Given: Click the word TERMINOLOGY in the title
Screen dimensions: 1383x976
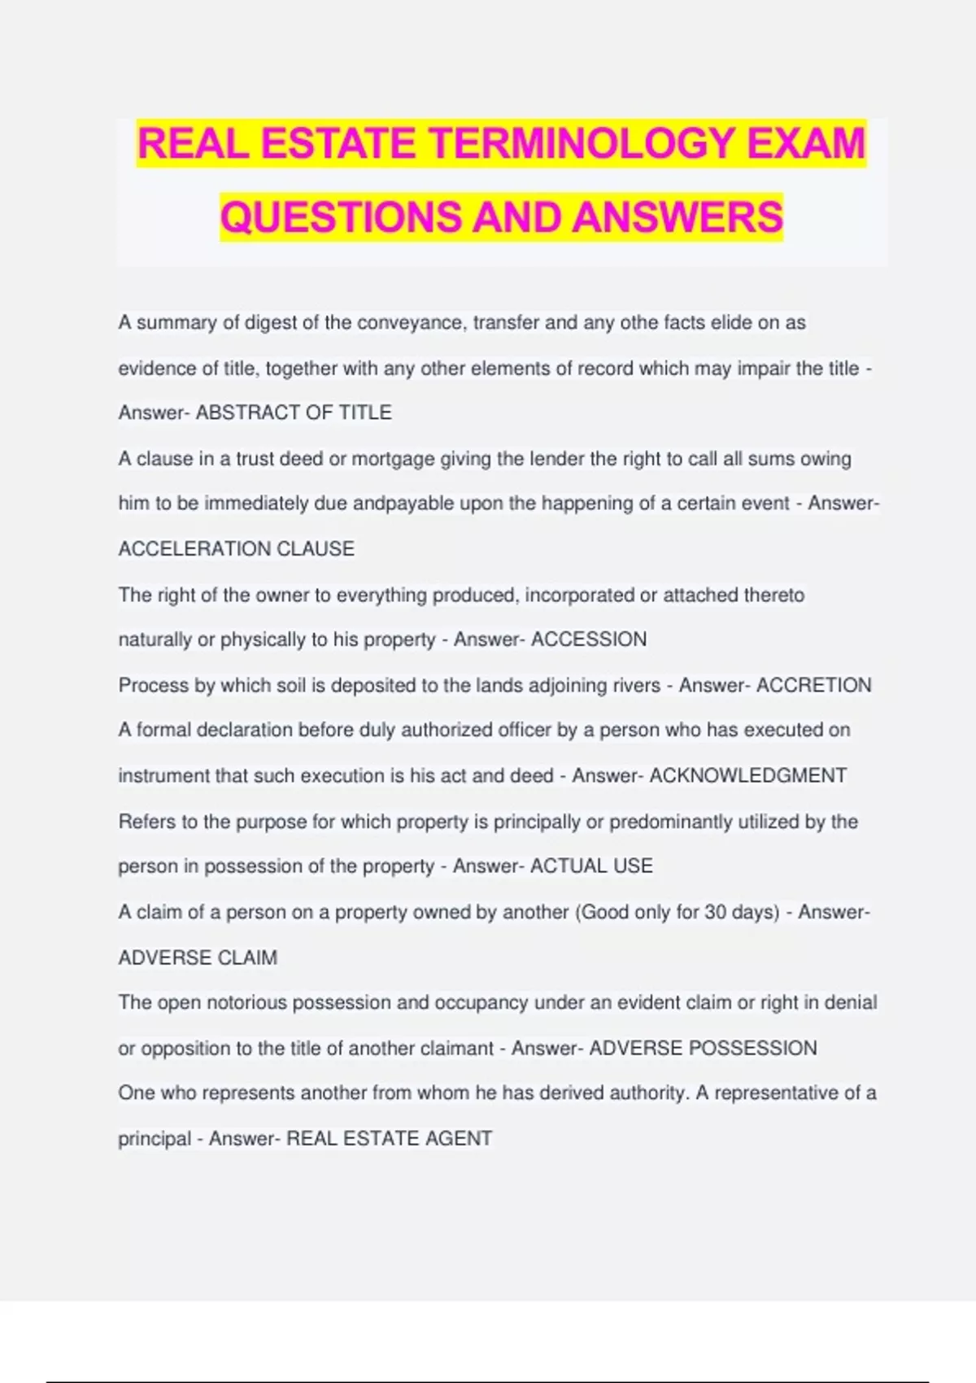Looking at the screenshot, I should (583, 143).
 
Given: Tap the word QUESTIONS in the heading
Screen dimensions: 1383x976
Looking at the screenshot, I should (341, 217).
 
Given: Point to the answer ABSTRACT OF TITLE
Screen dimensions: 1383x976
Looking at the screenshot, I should (294, 412).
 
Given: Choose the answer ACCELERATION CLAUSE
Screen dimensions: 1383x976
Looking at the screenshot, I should (237, 549).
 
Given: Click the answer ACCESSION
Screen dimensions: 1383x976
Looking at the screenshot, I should (589, 639).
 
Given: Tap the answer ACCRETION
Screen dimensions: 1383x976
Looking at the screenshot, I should (813, 685).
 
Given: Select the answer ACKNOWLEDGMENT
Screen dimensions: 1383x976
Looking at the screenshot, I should (748, 775).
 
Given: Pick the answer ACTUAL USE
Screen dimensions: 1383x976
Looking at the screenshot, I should (591, 866).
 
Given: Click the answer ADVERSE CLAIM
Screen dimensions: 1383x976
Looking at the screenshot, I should (198, 958).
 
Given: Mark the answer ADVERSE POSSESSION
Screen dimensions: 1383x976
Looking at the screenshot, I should (703, 1048).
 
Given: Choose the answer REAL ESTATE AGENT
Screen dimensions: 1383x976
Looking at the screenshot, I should (389, 1138).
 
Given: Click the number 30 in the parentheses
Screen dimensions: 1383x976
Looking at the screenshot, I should (716, 912).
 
